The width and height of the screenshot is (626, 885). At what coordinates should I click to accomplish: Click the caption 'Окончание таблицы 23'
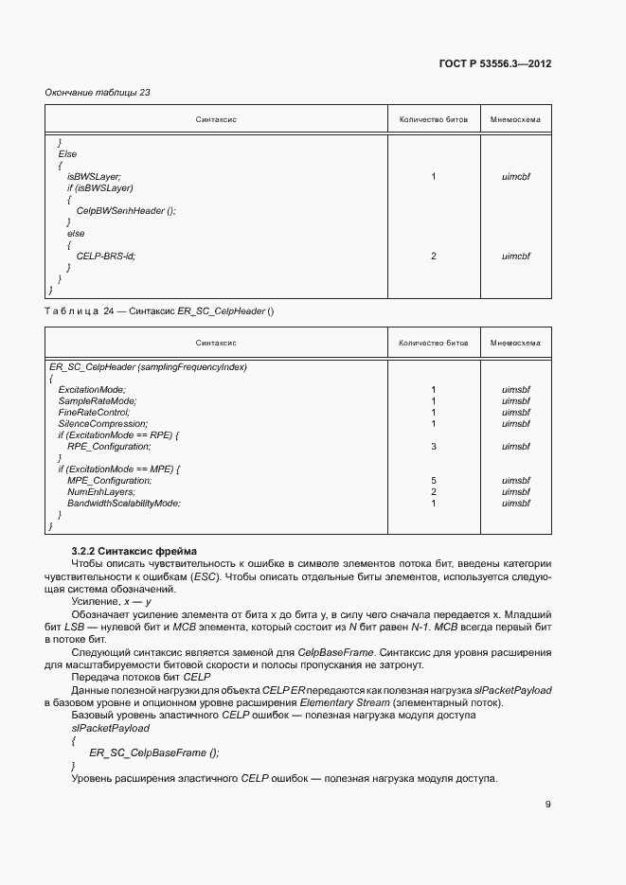click(98, 92)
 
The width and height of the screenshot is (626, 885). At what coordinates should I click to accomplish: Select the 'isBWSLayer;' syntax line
click(93, 176)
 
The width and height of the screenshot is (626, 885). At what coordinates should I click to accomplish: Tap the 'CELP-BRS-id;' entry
click(106, 256)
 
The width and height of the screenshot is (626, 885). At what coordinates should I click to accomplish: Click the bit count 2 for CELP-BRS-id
click(433, 256)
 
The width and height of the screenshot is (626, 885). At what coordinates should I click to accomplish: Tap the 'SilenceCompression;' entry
click(102, 423)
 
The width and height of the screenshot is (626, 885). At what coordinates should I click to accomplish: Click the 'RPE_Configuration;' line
click(107, 446)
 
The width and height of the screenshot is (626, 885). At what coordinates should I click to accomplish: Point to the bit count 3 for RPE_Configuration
click(433, 446)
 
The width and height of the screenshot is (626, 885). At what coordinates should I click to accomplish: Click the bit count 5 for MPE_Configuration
click(433, 480)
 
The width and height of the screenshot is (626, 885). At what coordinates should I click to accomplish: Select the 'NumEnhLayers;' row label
click(100, 491)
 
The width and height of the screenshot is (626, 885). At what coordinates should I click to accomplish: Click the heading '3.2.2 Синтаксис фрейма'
click(132, 551)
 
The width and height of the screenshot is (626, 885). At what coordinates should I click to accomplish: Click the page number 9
click(547, 805)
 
